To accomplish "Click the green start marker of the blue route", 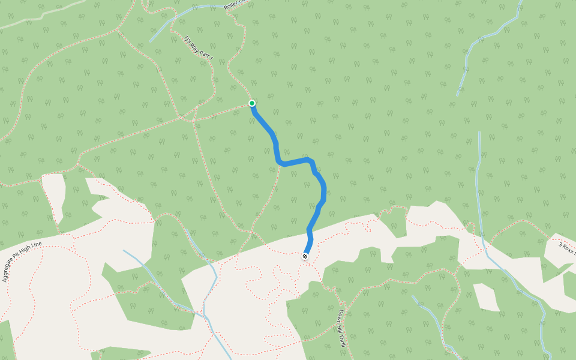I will (x=252, y=103).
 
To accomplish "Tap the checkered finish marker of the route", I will (x=305, y=257).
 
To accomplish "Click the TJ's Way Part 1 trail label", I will (x=199, y=49).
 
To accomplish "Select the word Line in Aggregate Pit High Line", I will (x=37, y=244).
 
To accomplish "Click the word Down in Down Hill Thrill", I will (x=340, y=316).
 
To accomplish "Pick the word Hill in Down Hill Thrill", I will (x=342, y=328).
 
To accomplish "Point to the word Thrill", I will (x=344, y=340).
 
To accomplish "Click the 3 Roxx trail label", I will (x=567, y=248).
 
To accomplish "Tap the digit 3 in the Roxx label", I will (x=560, y=245).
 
